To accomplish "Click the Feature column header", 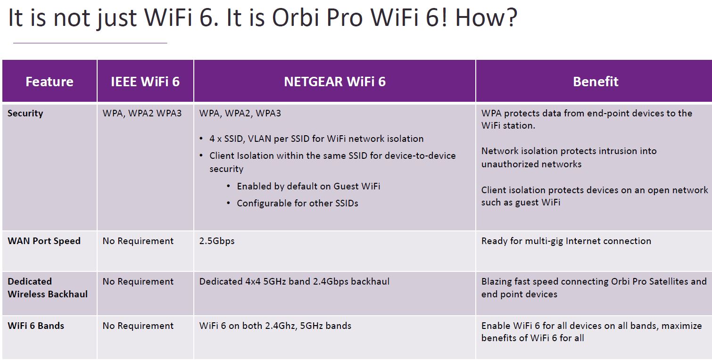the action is [49, 82].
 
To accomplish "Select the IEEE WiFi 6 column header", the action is [145, 82].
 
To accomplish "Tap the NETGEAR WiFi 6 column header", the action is [335, 82].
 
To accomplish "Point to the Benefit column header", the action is [596, 82].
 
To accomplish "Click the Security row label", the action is [25, 114].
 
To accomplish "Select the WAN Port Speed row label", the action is [44, 241].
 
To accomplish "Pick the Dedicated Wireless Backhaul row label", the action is [48, 287].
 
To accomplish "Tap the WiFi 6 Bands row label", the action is [36, 326].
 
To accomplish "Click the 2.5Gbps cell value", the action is [217, 241].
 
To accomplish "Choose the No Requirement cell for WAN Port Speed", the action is [138, 241].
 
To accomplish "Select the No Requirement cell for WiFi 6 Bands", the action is [138, 326].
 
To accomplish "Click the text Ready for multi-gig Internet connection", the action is [566, 241].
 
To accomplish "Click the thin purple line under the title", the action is [90, 43].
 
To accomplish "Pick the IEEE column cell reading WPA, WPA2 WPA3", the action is [142, 114].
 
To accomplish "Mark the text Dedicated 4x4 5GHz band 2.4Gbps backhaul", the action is [294, 281].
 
